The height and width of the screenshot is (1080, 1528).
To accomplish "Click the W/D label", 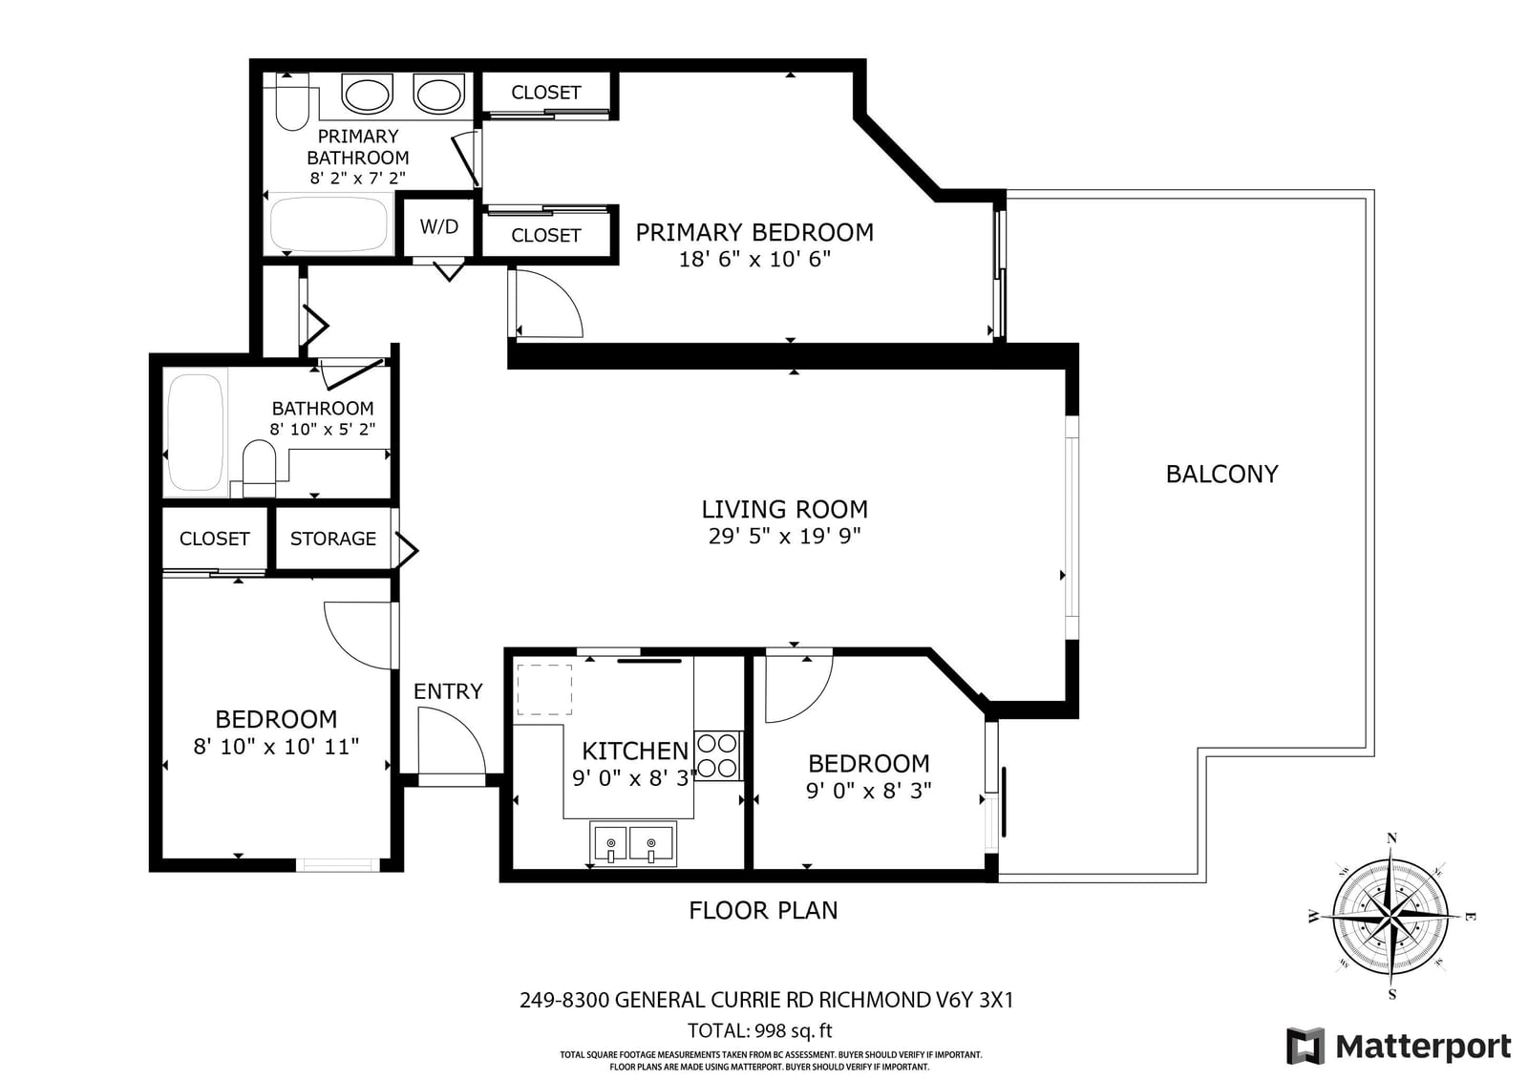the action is pos(438,226).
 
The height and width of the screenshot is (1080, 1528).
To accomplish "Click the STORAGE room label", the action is pos(333,539).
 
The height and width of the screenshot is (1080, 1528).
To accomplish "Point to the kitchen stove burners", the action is pos(717,755).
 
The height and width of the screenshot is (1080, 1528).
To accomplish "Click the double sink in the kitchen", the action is pos(634,843).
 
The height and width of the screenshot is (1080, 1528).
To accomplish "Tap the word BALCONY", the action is pos(1221,475).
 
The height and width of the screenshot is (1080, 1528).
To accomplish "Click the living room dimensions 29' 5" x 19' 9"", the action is pos(784,537).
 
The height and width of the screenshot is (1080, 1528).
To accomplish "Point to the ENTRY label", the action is pos(448,691).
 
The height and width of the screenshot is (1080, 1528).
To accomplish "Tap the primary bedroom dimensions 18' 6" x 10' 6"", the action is pos(755,260).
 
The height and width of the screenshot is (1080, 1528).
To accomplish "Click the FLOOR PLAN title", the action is pos(763,911).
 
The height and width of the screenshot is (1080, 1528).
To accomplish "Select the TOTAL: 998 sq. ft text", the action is pos(760,1031).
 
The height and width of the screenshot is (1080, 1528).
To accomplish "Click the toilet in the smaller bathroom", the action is pos(259,468).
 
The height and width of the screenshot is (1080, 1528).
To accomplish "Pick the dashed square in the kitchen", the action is pos(543,689).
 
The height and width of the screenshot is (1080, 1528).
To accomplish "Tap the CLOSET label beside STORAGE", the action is pos(214,539).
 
